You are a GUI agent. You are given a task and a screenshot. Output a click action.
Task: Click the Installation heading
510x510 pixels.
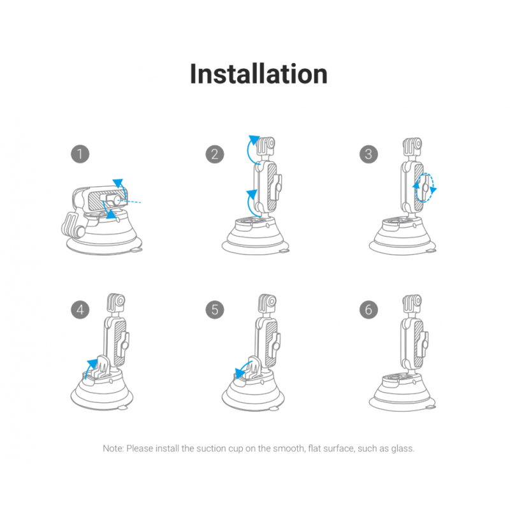[259, 74]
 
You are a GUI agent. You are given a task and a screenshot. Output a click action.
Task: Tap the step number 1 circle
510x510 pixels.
[80, 154]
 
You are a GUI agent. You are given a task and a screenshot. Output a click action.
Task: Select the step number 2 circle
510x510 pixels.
[215, 154]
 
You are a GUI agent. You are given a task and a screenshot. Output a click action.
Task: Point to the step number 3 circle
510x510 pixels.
[368, 154]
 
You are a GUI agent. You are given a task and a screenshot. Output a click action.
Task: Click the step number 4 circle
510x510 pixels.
[80, 310]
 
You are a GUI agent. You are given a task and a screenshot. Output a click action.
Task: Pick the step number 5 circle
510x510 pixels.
[215, 310]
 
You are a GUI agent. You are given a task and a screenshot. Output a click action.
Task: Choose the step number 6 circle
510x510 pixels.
[368, 310]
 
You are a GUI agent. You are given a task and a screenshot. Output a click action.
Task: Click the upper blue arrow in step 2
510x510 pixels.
[249, 150]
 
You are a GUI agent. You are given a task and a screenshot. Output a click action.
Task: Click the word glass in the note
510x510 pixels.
[403, 449]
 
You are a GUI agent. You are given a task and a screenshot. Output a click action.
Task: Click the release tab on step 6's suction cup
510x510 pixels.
[430, 407]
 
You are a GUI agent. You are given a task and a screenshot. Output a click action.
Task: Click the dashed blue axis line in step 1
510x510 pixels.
[129, 201]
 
